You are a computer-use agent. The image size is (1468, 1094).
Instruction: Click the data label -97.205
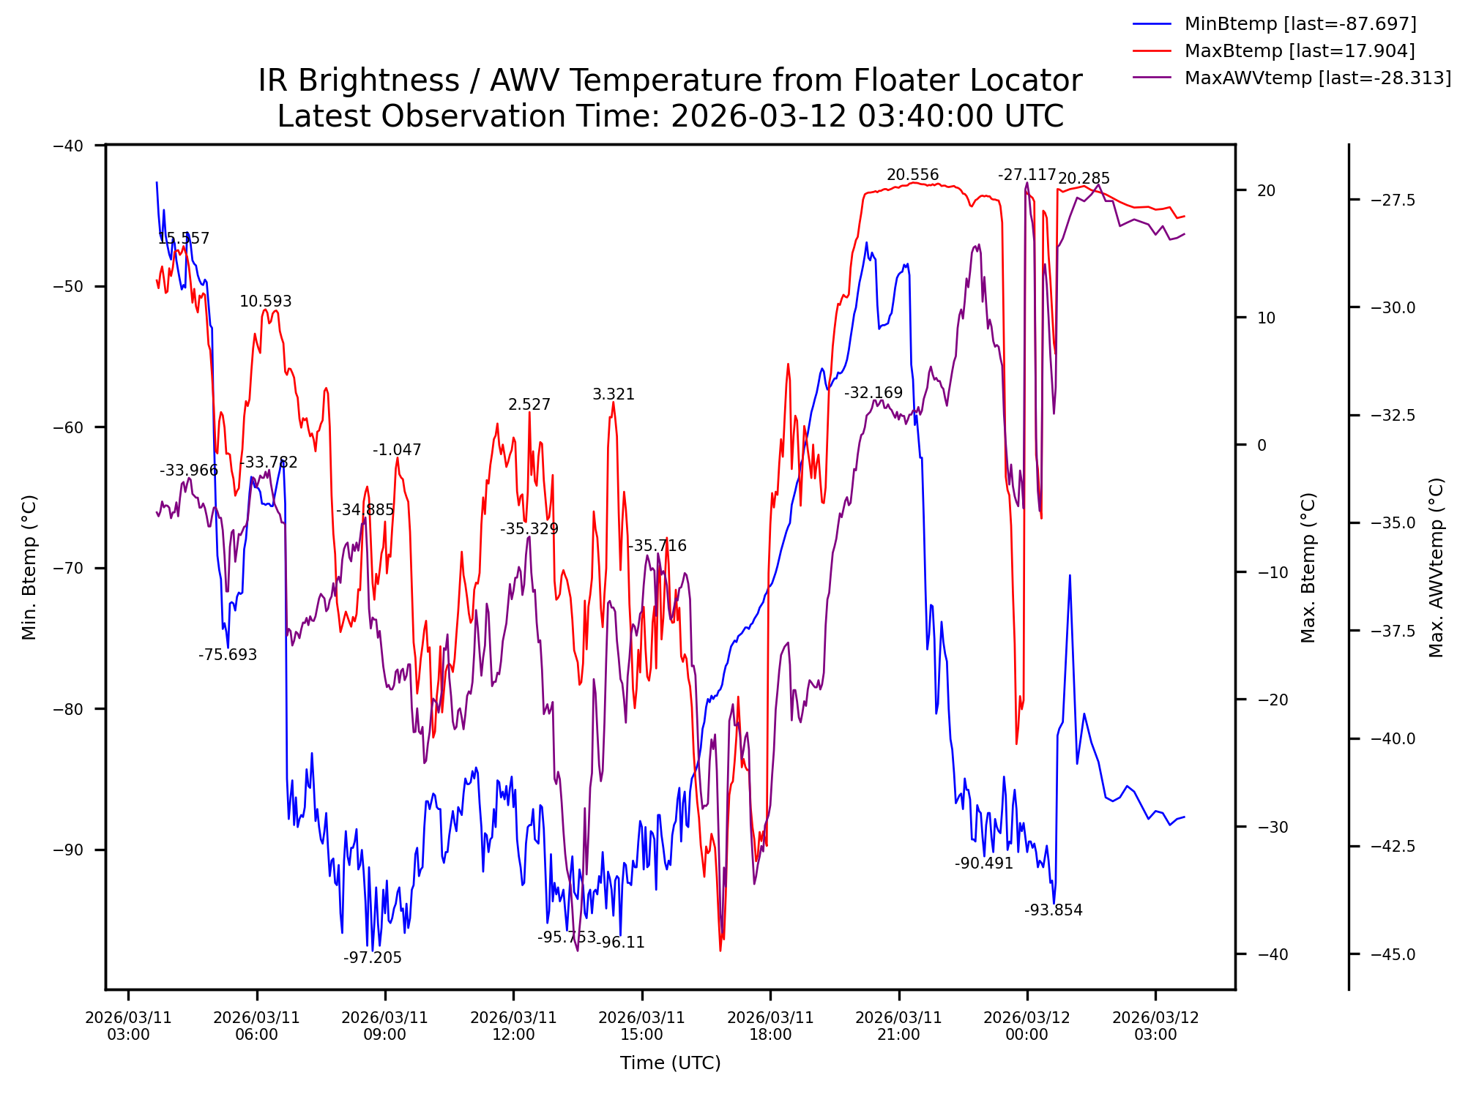(x=373, y=958)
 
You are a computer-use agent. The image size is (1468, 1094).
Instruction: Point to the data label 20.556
(x=912, y=175)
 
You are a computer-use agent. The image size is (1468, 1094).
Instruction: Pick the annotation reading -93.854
(x=1053, y=910)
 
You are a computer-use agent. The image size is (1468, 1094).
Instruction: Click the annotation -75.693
(x=228, y=655)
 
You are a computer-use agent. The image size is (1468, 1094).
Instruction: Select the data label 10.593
(x=265, y=301)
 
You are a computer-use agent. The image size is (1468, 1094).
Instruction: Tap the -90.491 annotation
(x=983, y=863)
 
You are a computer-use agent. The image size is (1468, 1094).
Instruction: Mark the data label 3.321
(x=614, y=394)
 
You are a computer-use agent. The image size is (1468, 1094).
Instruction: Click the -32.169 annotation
(x=873, y=393)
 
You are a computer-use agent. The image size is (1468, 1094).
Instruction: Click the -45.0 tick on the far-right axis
(x=1393, y=954)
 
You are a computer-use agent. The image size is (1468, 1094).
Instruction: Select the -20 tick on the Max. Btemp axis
(x=1273, y=700)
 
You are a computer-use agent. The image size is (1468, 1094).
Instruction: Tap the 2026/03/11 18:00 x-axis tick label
(x=770, y=1026)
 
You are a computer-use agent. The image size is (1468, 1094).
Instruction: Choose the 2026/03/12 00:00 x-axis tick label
(x=1027, y=1026)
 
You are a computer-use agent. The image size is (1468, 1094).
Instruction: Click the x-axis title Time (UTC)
(x=670, y=1063)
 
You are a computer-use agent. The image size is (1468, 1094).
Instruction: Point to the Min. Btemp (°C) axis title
(x=29, y=567)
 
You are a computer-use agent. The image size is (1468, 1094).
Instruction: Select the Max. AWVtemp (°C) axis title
(x=1437, y=567)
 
